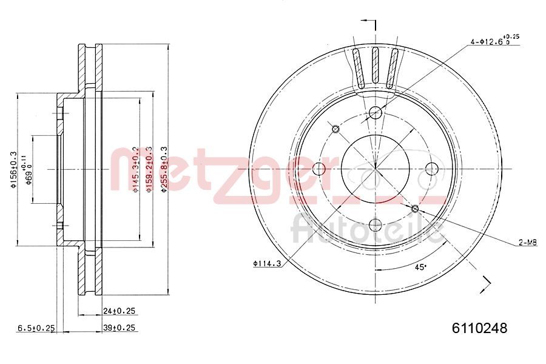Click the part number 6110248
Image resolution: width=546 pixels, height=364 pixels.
click(x=479, y=328)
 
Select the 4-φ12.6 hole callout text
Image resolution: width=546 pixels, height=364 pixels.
click(x=494, y=41)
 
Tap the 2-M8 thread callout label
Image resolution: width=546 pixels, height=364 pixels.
click(x=527, y=243)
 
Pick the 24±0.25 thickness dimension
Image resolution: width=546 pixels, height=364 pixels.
click(x=120, y=311)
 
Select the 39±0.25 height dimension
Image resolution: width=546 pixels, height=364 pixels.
click(x=120, y=328)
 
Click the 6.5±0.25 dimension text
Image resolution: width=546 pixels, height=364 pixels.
click(x=36, y=328)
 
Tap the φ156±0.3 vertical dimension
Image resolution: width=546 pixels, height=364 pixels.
click(x=13, y=170)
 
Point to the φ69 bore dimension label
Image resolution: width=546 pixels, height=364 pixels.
click(x=27, y=170)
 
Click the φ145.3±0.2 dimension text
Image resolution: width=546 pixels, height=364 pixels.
click(x=136, y=170)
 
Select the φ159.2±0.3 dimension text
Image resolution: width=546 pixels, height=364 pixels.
click(x=149, y=170)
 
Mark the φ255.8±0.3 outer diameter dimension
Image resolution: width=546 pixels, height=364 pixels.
click(x=163, y=170)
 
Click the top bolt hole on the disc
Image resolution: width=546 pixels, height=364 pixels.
click(x=376, y=112)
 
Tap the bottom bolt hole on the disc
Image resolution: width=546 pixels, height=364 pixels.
click(x=376, y=225)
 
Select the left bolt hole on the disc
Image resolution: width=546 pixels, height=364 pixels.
click(x=319, y=169)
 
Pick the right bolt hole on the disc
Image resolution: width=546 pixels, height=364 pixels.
click(x=432, y=169)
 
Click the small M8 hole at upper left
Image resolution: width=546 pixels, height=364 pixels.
click(x=335, y=128)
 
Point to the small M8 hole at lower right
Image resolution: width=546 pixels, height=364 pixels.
click(x=416, y=209)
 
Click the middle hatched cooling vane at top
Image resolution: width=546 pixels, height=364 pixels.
click(x=376, y=66)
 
